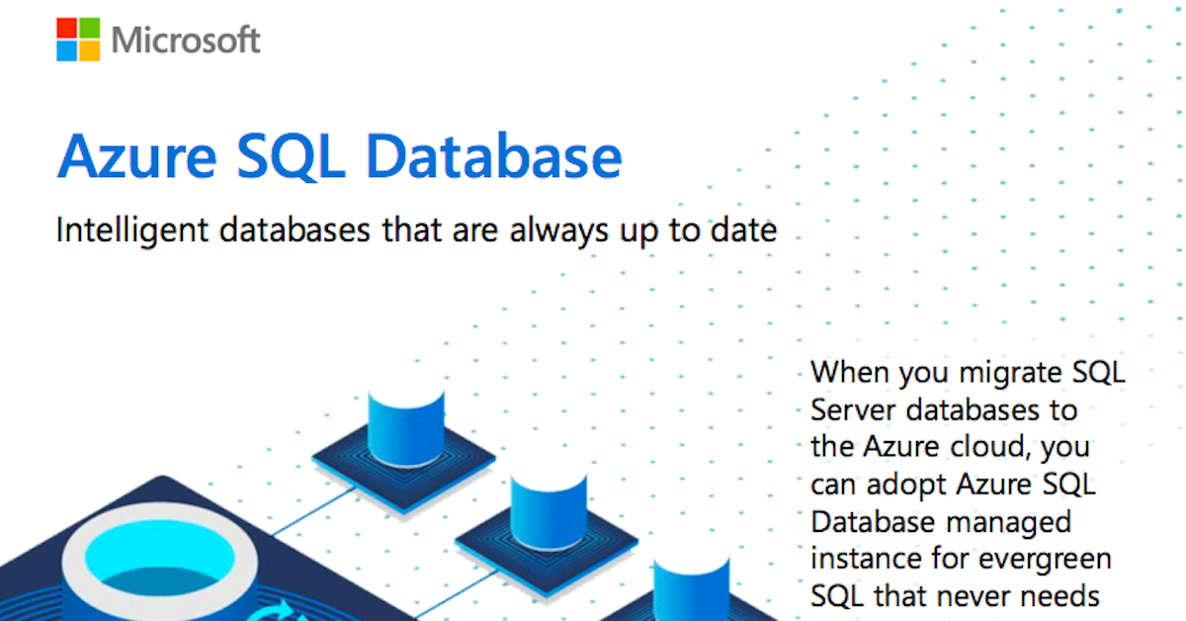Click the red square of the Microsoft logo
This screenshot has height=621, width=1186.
(x=67, y=28)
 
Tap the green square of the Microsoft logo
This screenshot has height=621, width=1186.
(x=90, y=28)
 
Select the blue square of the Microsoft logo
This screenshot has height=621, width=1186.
(x=67, y=50)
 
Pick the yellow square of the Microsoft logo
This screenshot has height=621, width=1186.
(x=90, y=50)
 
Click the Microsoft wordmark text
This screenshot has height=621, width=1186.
(x=186, y=40)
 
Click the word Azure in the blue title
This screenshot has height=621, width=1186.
(x=137, y=156)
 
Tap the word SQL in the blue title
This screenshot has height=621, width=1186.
(x=291, y=157)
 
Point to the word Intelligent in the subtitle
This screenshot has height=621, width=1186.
(x=132, y=231)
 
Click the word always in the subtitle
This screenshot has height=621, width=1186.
(x=558, y=231)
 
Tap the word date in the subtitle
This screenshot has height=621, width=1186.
(x=743, y=230)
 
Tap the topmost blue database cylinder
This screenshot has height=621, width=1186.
(x=406, y=427)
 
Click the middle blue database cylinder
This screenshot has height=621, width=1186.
(x=549, y=511)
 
